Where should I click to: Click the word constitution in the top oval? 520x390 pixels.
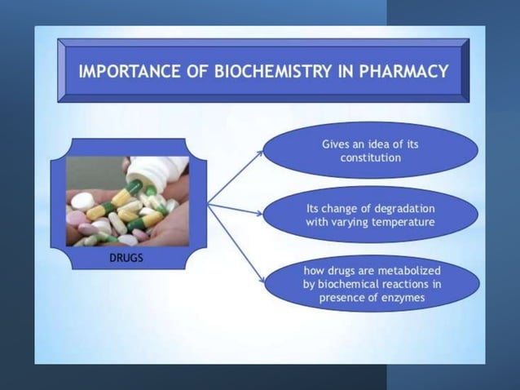(x=370, y=157)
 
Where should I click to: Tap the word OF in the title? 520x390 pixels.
(x=188, y=71)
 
